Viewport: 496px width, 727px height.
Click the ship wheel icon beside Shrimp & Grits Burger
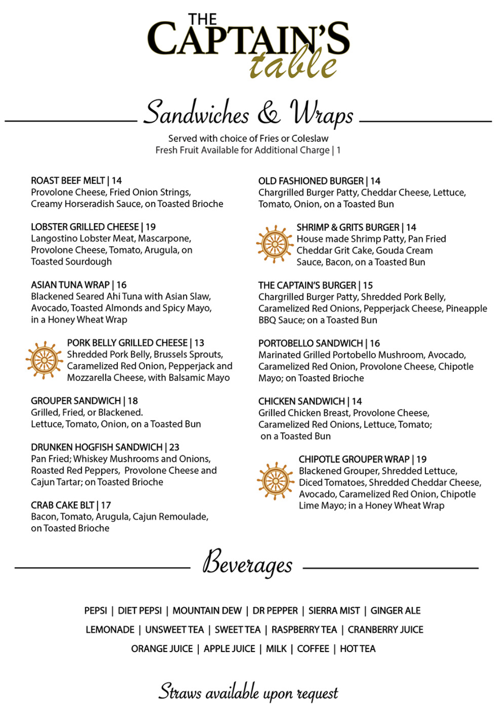(274, 244)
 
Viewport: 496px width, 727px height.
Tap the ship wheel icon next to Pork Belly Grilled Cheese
(44, 360)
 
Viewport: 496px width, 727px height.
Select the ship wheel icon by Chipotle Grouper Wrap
(275, 481)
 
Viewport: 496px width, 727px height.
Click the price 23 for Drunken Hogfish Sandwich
(174, 447)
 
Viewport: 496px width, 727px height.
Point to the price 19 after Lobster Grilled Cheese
(151, 227)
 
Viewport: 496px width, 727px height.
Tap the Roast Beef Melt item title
(68, 181)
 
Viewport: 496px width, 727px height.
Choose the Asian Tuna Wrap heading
(70, 285)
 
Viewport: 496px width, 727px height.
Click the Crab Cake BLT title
(63, 505)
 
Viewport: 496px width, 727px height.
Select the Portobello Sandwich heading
(310, 343)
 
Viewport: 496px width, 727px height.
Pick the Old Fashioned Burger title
(311, 181)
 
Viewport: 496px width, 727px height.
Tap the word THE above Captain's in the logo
(202, 19)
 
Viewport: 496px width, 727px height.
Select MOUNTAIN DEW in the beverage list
(207, 611)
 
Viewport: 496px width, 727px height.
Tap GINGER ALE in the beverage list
(395, 611)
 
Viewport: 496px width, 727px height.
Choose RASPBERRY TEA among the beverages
(304, 630)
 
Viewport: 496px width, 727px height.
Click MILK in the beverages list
(276, 648)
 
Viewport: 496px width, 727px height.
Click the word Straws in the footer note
(180, 692)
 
